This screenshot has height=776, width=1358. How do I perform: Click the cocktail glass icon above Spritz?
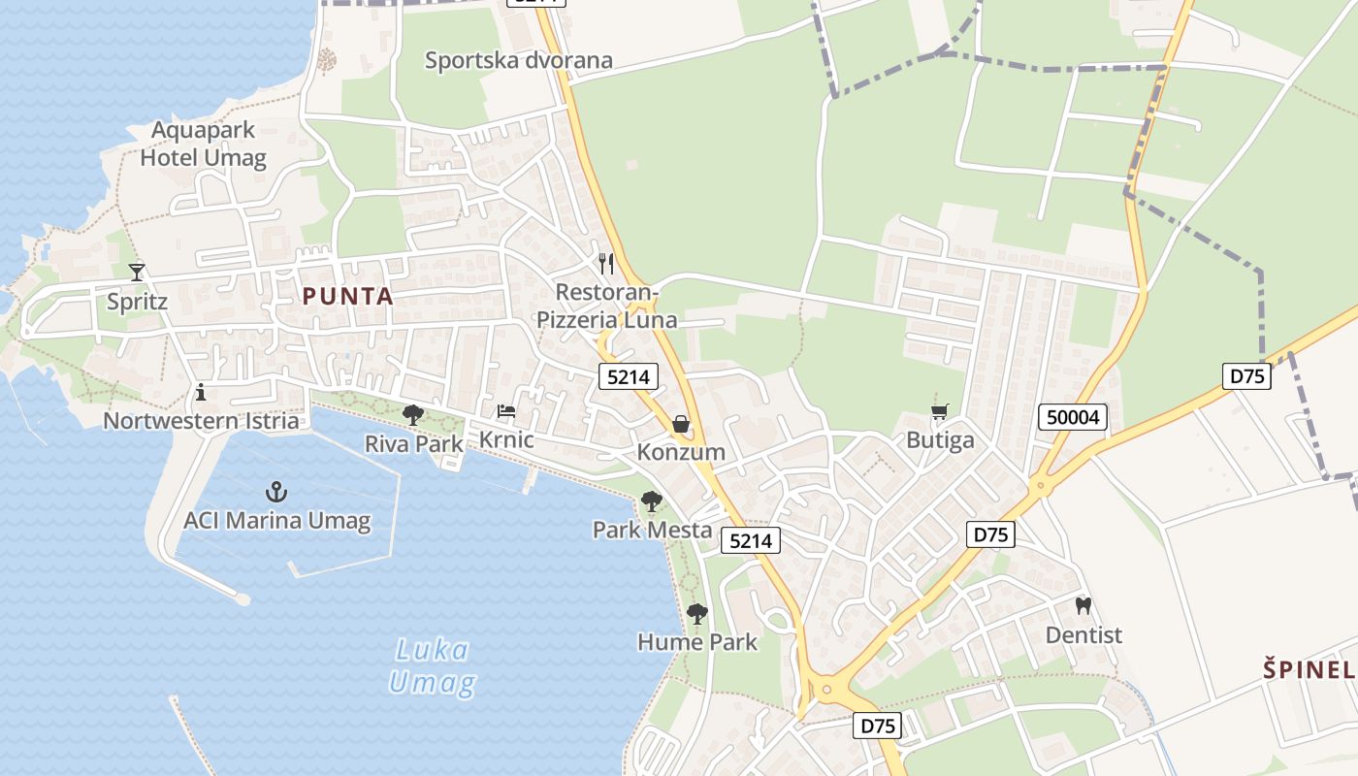pos(137,272)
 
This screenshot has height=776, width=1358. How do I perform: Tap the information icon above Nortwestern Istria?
pos(201,392)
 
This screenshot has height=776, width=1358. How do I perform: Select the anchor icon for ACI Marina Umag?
pos(276,492)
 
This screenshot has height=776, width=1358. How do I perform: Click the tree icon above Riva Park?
pos(413,415)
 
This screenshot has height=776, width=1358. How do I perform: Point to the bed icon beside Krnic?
pos(506,411)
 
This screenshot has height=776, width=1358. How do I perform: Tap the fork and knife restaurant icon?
pos(606,263)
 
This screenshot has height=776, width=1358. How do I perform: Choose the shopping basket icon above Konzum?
pos(681,424)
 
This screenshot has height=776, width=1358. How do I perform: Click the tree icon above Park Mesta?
pos(652,501)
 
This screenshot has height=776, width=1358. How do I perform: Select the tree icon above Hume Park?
pos(696,613)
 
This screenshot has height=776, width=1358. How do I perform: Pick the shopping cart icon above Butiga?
pos(939,412)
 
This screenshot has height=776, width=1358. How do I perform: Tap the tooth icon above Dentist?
pos(1083,606)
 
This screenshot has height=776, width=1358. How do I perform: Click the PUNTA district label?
pos(347,297)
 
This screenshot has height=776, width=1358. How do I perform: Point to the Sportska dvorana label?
pos(519,60)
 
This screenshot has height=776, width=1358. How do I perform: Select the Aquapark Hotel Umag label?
pos(204,144)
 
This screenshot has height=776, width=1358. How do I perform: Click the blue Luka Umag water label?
pos(433,666)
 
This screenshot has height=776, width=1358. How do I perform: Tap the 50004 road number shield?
pos(1072,417)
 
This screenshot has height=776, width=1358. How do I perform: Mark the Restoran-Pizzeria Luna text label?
pos(607,306)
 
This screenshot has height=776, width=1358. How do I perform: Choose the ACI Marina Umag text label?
pos(277,521)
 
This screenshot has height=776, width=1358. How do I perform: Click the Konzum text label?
pos(681,452)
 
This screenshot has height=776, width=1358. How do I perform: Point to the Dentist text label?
pos(1083,635)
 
